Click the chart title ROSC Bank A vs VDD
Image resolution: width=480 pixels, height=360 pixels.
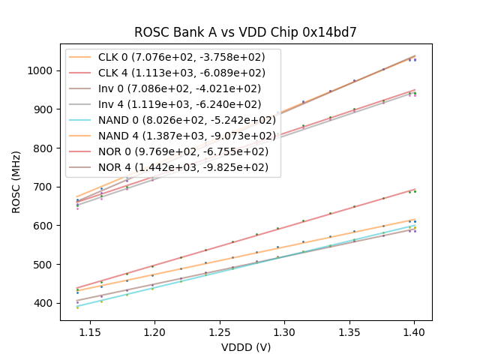pyautogui.click(x=245, y=32)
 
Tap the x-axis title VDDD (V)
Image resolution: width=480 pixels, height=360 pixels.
pyautogui.click(x=245, y=347)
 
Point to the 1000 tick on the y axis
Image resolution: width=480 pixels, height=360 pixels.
pyautogui.click(x=42, y=70)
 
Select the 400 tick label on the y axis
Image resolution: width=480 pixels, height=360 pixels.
pyautogui.click(x=45, y=303)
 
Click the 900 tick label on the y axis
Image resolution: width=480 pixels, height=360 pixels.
pyautogui.click(x=45, y=109)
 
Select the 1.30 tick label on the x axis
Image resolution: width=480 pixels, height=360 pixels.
pyautogui.click(x=284, y=331)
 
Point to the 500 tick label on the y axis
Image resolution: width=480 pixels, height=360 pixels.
pyautogui.click(x=45, y=264)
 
